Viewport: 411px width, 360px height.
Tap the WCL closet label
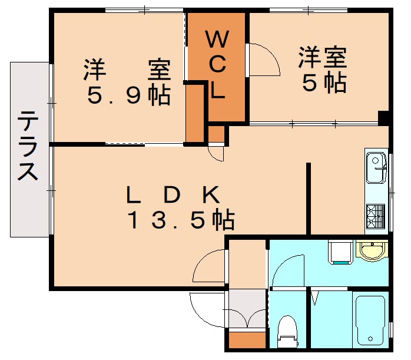[217, 65]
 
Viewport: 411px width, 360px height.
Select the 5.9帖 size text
[128, 95]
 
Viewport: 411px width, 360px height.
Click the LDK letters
[174, 193]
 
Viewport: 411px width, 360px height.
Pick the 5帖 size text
[323, 84]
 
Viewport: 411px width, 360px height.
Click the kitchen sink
[375, 168]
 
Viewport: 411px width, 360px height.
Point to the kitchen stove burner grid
[375, 216]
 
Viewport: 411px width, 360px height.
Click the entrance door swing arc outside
[206, 308]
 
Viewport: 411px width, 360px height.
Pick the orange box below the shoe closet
[247, 341]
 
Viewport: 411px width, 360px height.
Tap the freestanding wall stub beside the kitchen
[308, 197]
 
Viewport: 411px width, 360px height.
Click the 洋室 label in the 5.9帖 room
[127, 70]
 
